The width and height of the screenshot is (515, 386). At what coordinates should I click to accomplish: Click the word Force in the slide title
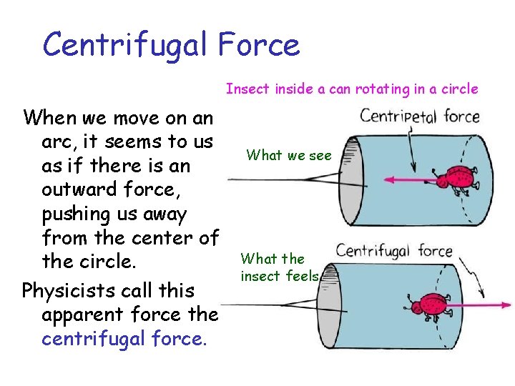click(260, 45)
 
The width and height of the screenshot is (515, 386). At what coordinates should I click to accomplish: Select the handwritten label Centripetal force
click(419, 117)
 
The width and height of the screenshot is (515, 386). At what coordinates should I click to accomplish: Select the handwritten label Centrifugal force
click(394, 252)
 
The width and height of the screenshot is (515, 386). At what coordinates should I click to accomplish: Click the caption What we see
click(288, 154)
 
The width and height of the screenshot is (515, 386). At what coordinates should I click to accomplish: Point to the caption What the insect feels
click(279, 267)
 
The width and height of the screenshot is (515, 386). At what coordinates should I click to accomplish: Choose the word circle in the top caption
click(460, 89)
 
